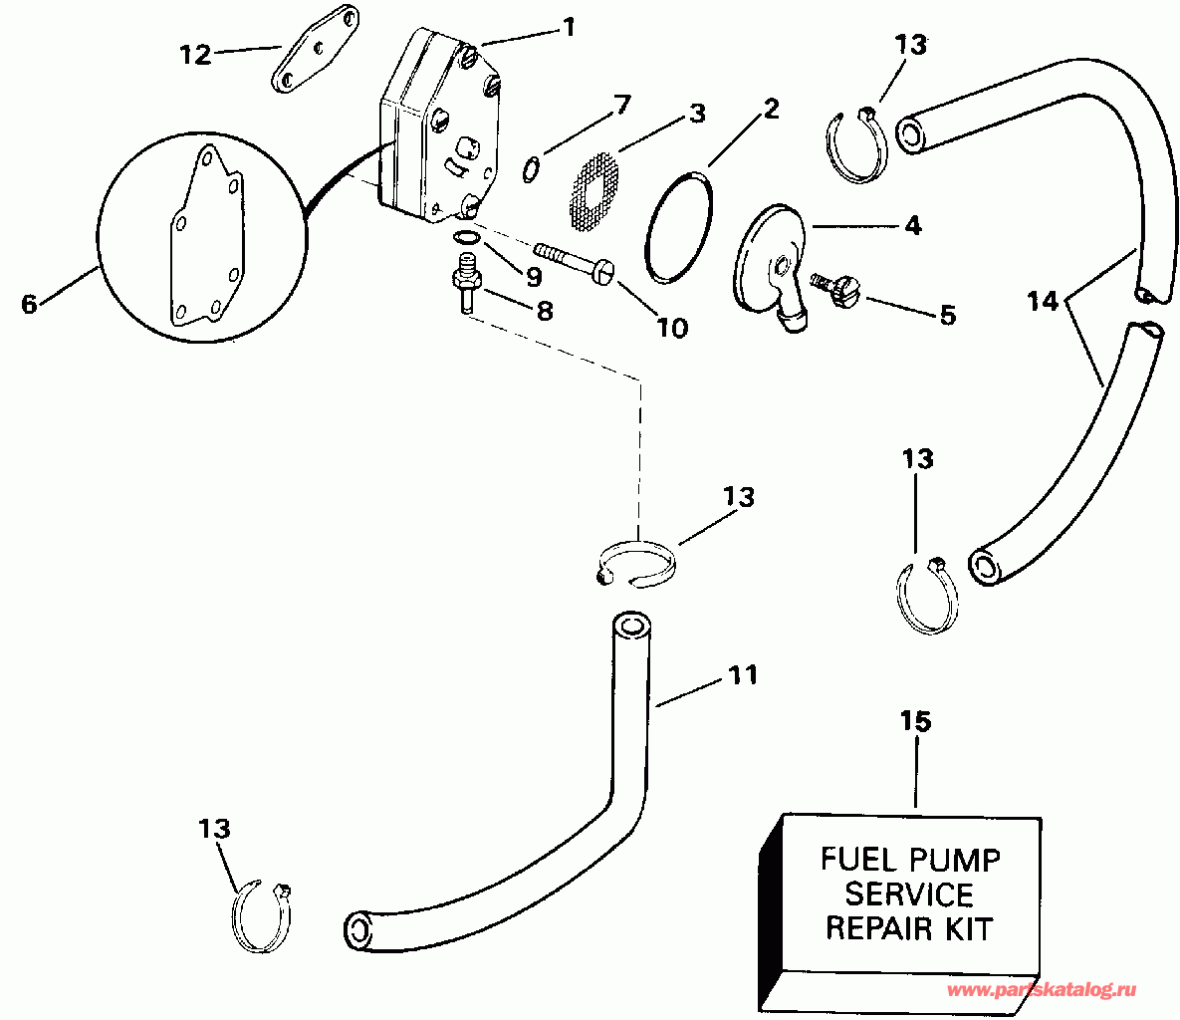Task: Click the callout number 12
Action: pos(195,55)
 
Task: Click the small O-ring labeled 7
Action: pos(532,168)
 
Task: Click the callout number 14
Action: pos(1043,302)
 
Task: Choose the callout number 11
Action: pos(743,675)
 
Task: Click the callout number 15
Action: pos(915,720)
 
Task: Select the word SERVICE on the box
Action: pos(909,894)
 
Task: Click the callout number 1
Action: pos(569,27)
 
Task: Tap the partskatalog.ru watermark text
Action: pos(1042,990)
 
